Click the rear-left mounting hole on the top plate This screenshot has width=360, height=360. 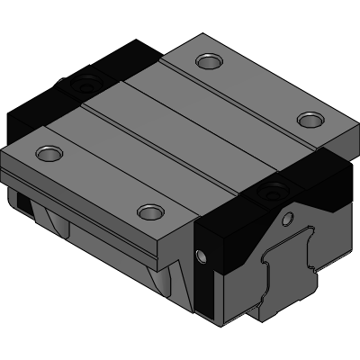coord(210,62)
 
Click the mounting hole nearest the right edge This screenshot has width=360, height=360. coord(310,119)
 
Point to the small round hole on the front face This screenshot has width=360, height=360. coord(288,218)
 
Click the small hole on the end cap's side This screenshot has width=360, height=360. coord(202,258)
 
